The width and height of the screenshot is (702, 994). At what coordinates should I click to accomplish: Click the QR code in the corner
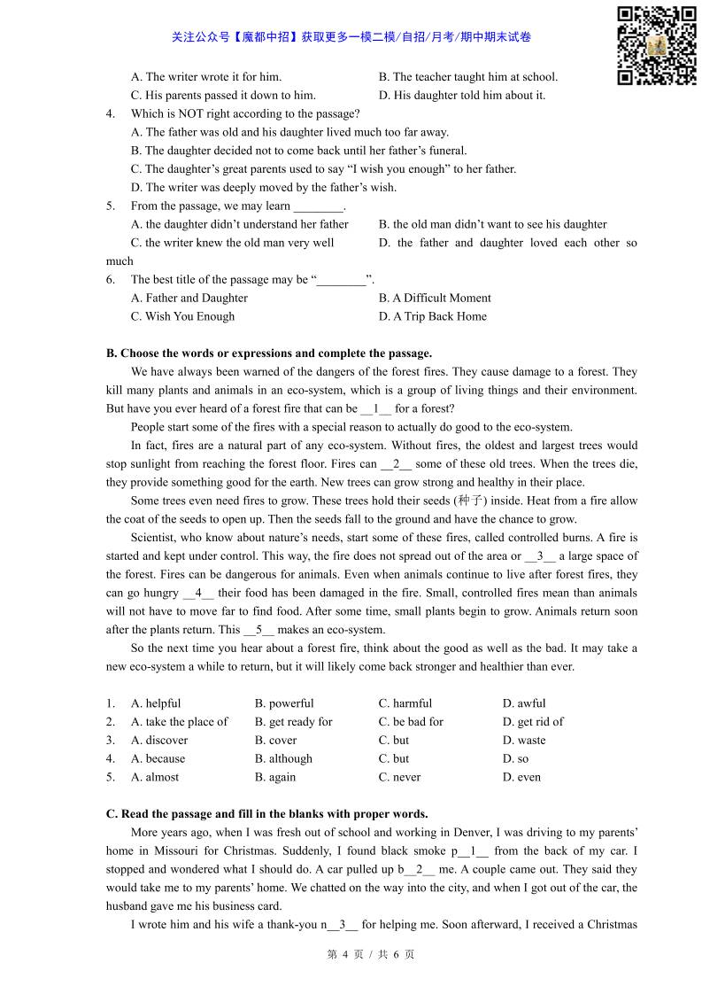pos(657,45)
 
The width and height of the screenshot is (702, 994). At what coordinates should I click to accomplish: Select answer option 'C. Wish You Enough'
pos(182,316)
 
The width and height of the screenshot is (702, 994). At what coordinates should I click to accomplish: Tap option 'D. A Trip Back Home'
pos(432,316)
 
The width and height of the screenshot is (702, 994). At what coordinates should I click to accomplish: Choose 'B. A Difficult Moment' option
pos(435,298)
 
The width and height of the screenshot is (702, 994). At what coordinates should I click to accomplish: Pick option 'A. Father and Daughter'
pos(189,298)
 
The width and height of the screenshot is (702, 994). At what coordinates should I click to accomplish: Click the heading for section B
pos(269,353)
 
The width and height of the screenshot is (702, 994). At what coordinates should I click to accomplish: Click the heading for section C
pos(266,813)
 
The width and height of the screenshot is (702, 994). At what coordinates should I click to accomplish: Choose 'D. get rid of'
pos(533,722)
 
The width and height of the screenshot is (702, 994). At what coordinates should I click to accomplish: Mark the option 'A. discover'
pos(159,741)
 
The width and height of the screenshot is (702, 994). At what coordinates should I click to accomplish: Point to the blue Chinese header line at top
pos(351,37)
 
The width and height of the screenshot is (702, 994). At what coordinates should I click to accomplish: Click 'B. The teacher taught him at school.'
pos(468,77)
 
